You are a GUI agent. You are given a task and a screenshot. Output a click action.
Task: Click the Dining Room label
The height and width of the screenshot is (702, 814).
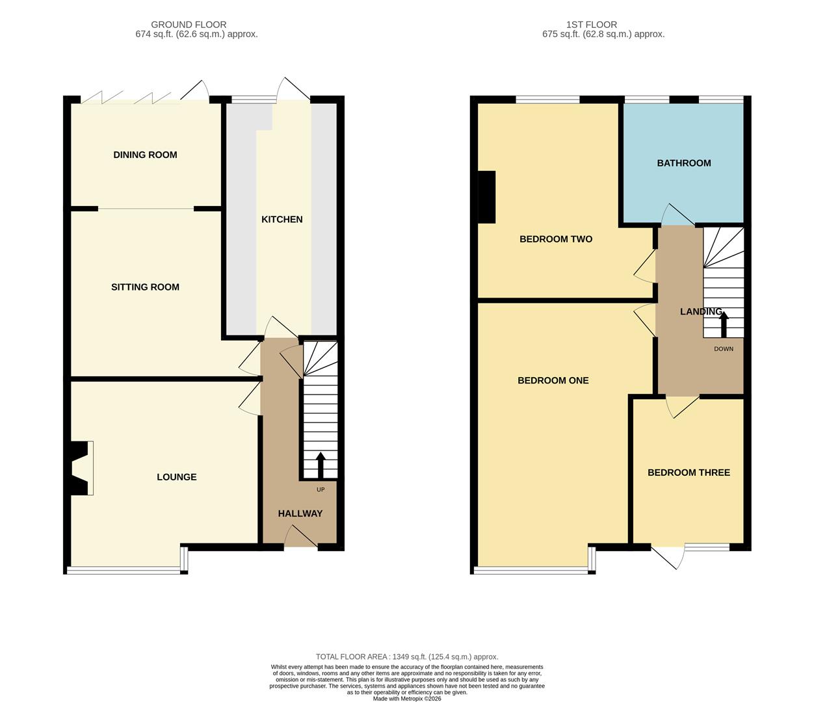pos(145,155)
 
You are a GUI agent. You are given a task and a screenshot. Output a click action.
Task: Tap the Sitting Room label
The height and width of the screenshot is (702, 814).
pos(145,287)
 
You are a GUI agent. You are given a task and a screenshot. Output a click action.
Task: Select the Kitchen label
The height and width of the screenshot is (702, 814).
pos(282,219)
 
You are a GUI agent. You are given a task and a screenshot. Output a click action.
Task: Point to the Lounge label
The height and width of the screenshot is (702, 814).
pos(176,476)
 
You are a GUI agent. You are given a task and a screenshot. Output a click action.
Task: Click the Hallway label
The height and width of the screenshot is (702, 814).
pos(300,513)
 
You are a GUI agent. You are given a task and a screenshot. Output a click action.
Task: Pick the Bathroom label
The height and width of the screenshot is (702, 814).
pos(683,162)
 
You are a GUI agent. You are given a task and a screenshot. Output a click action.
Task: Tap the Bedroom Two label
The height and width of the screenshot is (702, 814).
pos(555,239)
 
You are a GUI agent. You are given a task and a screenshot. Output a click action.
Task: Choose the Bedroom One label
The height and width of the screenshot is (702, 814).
pos(553,380)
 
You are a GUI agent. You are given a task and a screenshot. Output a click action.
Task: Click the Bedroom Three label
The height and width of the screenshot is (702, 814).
pos(689,473)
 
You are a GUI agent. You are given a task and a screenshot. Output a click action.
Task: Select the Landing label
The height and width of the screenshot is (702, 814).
pos(700,311)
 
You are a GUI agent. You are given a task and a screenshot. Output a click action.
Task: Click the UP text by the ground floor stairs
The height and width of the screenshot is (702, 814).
pos(321,489)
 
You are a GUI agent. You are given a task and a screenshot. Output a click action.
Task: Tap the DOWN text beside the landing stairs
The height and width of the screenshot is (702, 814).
pos(723,349)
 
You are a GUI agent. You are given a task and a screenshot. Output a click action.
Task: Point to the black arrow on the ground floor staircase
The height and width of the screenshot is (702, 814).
pos(320,464)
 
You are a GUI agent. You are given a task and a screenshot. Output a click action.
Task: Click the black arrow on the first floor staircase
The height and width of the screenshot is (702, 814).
pos(724,324)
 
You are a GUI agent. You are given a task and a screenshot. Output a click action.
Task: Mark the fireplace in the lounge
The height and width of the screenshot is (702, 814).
pos(80,468)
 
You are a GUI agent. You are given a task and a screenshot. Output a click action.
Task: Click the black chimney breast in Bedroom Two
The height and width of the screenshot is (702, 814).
pos(486,197)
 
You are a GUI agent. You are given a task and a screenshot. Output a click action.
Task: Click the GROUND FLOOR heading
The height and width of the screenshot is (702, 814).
pos(189,25)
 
